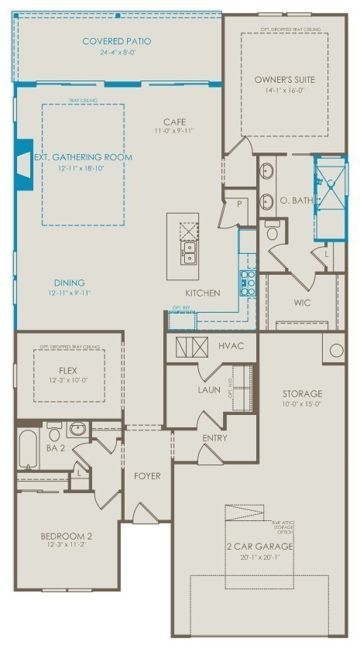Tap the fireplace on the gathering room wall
[x=23, y=164]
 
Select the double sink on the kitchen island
[x=188, y=252]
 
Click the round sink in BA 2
[x=77, y=429]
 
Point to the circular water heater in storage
[x=336, y=350]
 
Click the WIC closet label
[x=302, y=302]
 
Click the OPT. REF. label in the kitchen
[x=181, y=308]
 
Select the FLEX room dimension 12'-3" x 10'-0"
[x=69, y=380]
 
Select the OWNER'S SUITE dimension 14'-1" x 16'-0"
[x=283, y=90]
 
